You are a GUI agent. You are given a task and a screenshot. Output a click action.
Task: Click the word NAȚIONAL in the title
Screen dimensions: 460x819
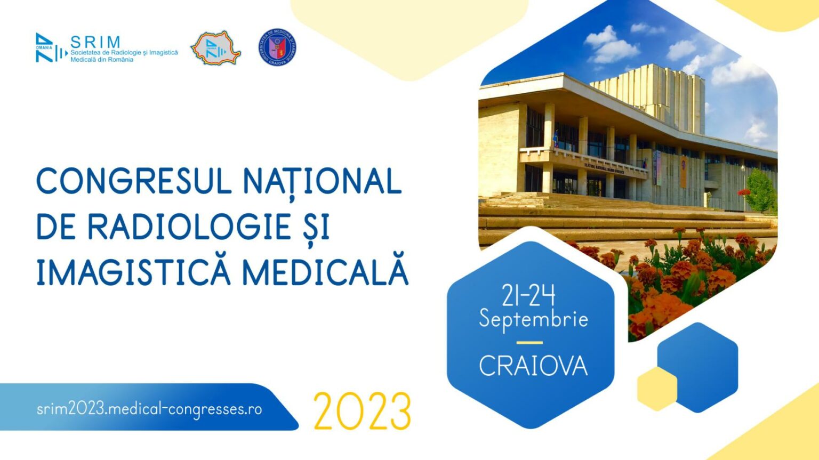(322, 181)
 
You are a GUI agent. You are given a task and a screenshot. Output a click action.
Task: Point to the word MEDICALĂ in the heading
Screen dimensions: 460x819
(325, 272)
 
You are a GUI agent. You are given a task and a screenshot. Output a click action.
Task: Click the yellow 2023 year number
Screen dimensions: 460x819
(362, 412)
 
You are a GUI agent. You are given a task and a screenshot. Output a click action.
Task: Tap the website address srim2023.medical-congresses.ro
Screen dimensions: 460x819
(149, 409)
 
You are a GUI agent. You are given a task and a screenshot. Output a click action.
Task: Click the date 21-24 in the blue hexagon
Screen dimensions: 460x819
(528, 295)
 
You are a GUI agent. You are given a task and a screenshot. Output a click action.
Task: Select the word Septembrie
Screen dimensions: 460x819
(533, 319)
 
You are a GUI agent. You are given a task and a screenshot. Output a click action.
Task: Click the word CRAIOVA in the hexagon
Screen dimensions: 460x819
(533, 366)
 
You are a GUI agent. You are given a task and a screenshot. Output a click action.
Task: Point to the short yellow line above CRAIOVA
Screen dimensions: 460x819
(529, 343)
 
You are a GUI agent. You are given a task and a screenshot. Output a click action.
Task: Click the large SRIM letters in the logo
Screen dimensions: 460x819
(96, 42)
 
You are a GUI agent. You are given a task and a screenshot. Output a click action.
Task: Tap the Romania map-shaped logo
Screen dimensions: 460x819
(215, 49)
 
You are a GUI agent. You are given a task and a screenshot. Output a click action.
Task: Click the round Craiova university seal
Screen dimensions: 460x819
(277, 47)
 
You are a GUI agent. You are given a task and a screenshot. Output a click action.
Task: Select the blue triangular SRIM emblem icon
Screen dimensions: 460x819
(46, 48)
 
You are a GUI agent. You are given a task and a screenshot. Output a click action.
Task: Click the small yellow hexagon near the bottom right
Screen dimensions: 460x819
(657, 389)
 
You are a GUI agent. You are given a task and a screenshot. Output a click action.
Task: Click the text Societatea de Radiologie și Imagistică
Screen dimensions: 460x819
(124, 53)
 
